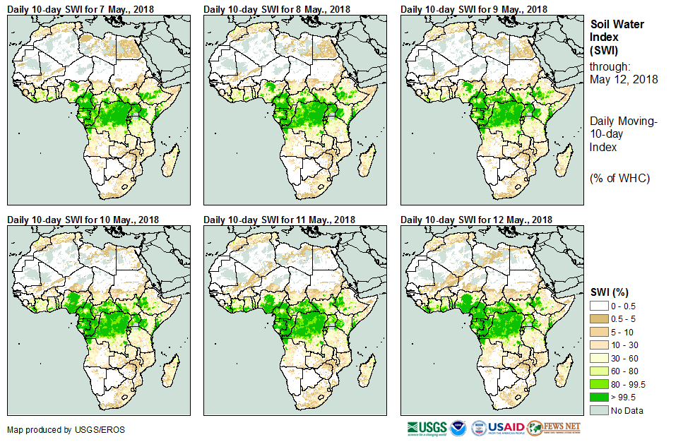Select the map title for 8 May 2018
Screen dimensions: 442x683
tap(277, 8)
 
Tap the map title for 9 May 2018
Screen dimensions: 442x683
tap(474, 8)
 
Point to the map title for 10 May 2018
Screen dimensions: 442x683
tap(83, 220)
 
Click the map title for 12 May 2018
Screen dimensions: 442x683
tap(476, 220)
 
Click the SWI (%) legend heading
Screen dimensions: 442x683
tap(610, 292)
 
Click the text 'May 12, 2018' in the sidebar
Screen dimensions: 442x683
tap(624, 79)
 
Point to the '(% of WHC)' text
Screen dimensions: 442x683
tap(619, 177)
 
